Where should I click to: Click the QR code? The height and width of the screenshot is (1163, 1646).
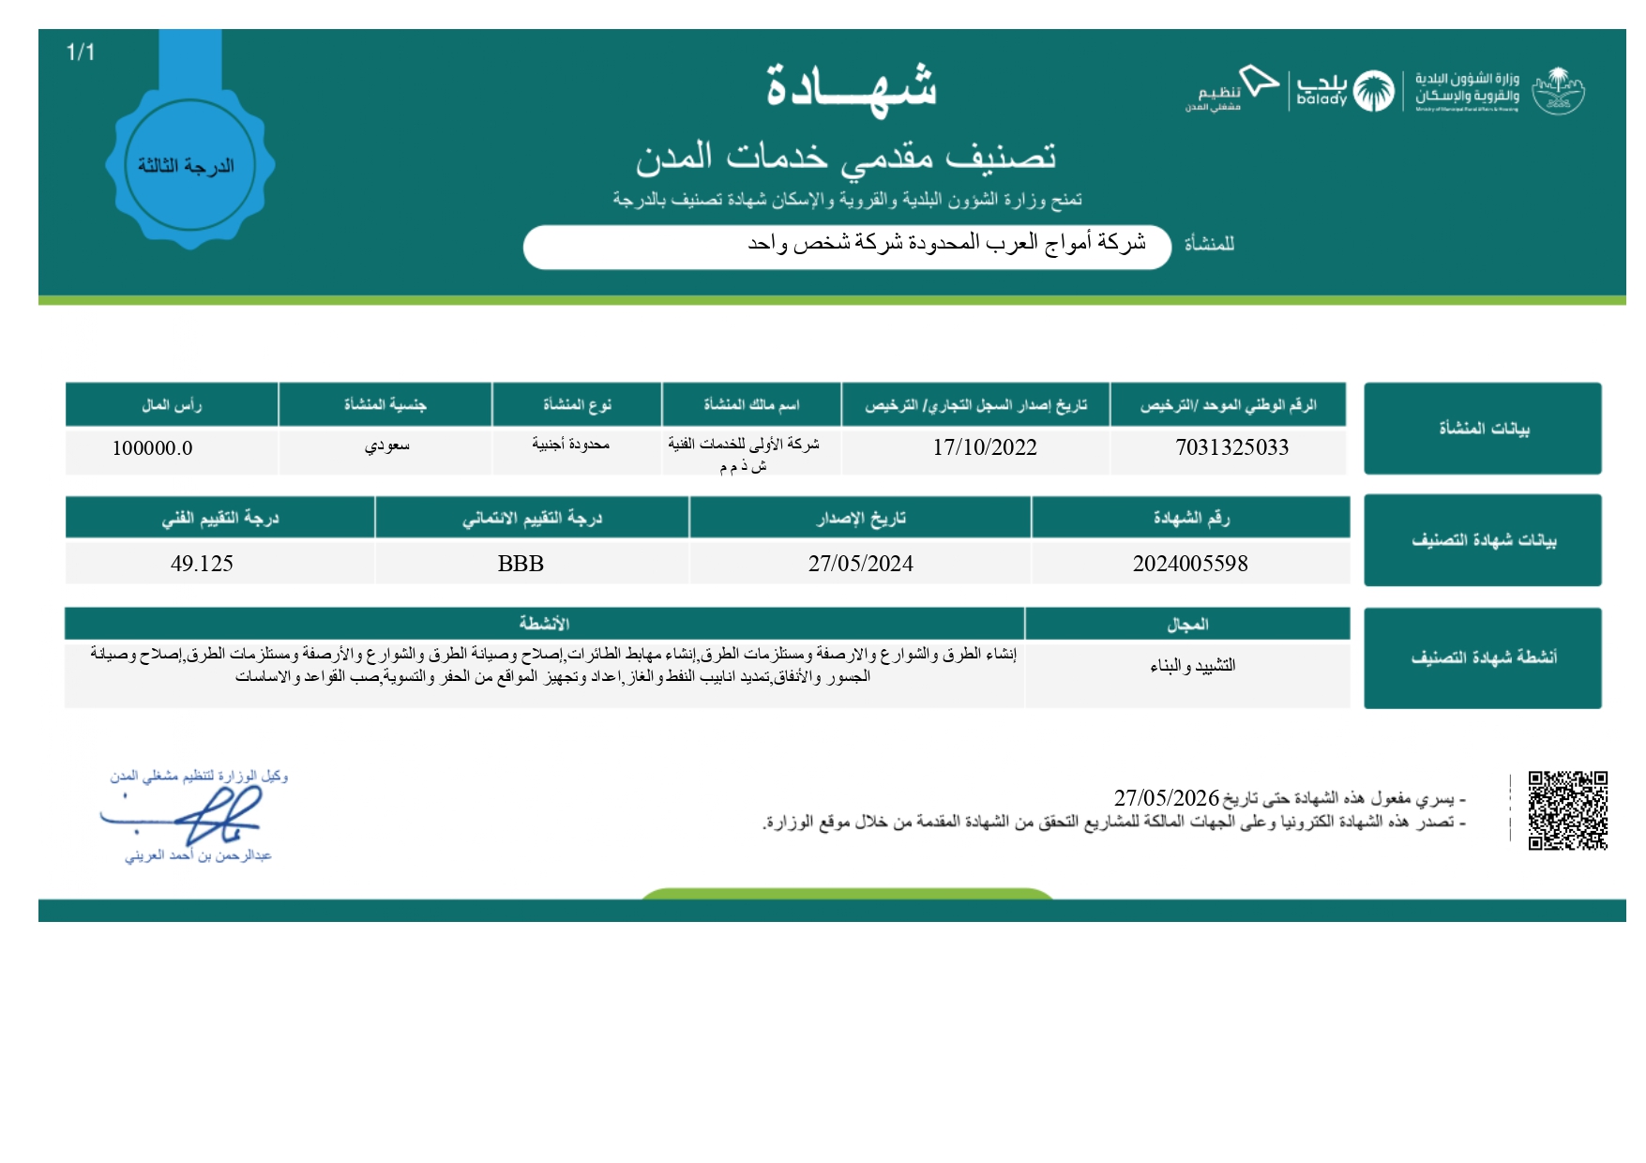click(1567, 810)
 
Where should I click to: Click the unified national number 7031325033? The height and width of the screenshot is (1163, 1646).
click(1231, 448)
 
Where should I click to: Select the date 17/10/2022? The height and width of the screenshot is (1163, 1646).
click(985, 448)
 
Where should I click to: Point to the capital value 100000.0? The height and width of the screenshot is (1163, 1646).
click(152, 448)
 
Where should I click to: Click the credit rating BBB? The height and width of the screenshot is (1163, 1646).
click(521, 564)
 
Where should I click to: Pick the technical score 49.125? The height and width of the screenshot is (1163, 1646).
click(202, 564)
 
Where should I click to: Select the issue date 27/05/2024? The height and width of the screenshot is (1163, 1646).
click(860, 564)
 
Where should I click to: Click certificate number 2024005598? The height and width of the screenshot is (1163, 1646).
click(1190, 564)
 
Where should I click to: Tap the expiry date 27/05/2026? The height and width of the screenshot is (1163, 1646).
click(1166, 798)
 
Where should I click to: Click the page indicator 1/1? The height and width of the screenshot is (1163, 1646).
click(81, 53)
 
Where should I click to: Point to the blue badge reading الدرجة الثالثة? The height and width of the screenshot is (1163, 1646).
click(189, 166)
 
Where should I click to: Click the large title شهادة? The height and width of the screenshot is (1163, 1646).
click(851, 87)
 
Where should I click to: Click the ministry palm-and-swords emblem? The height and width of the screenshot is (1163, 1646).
click(1558, 91)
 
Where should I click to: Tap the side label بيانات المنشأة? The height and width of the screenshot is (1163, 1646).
click(1483, 429)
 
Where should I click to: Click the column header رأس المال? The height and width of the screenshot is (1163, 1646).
click(172, 405)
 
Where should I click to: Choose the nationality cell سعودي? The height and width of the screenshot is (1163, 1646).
click(386, 446)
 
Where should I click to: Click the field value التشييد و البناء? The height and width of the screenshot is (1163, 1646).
click(1192, 666)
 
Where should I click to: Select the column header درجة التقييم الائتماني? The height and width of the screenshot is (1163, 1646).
click(532, 519)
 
